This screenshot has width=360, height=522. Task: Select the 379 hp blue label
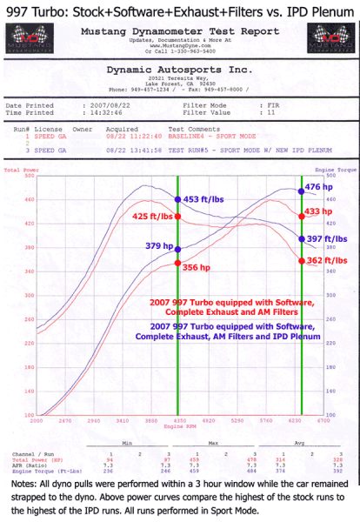[x=157, y=245]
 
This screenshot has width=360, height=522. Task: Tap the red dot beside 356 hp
[x=178, y=263]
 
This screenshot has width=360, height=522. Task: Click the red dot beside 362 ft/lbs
[x=302, y=260]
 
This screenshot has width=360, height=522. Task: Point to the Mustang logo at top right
[x=334, y=40]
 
